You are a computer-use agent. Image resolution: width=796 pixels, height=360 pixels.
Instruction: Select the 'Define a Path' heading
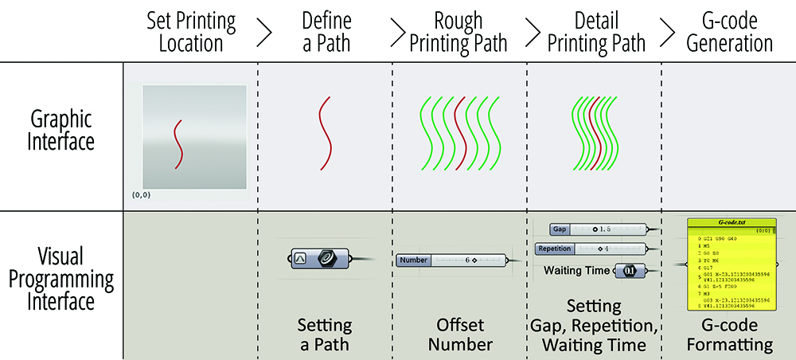click(326, 31)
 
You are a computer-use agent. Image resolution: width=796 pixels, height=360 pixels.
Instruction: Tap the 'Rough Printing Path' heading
click(458, 31)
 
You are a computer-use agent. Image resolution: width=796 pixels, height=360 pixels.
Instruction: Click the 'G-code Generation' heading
click(729, 31)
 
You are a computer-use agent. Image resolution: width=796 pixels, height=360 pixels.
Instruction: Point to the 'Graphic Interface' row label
click(60, 131)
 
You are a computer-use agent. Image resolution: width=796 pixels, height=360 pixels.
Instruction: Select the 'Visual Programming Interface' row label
click(60, 279)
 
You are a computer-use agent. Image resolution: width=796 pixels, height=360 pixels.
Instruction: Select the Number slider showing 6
click(451, 260)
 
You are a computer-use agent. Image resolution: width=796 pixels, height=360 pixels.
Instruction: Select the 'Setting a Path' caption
click(325, 335)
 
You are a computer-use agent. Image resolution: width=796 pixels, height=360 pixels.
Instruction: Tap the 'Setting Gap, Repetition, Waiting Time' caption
click(594, 326)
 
